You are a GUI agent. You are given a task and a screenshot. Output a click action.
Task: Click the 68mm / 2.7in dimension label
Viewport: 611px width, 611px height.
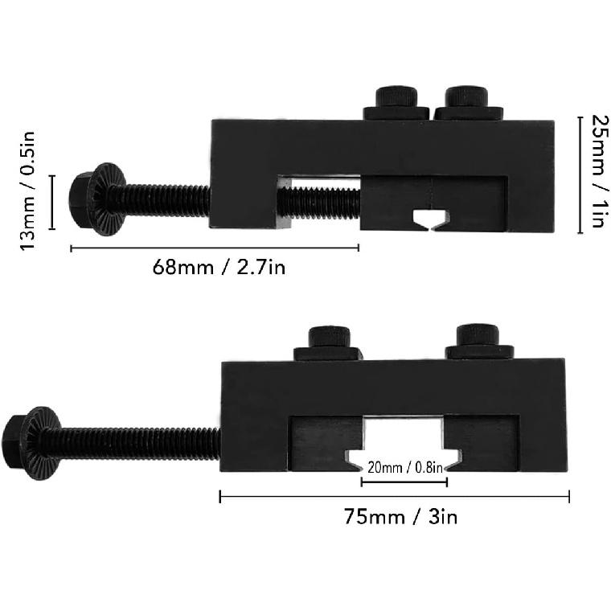tap(219, 267)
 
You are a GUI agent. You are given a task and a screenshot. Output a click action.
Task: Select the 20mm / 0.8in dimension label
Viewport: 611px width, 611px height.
tap(404, 466)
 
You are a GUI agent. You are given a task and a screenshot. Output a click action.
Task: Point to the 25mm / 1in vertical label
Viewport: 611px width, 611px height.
tap(597, 172)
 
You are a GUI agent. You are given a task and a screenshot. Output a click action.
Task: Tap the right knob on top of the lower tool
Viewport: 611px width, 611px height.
tap(480, 342)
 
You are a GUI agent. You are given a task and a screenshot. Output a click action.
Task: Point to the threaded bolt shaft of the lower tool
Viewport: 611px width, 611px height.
tap(137, 443)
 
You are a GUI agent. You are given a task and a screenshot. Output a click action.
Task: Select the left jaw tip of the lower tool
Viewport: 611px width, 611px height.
tap(355, 461)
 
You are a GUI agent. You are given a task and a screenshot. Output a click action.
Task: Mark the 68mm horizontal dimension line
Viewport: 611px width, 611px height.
tap(215, 248)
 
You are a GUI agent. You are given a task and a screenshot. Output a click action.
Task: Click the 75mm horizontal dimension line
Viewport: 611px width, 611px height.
tap(394, 497)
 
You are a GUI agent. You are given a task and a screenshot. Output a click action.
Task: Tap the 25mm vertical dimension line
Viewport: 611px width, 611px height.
tap(580, 174)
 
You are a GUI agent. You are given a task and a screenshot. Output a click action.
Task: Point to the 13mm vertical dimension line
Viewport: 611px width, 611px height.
tap(53, 202)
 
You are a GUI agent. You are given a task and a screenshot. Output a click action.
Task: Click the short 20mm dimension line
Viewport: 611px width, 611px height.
tap(404, 482)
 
